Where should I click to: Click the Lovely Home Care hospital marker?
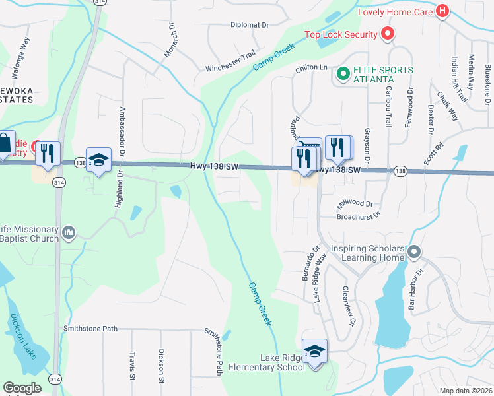(x=442, y=12)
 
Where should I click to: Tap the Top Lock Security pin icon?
(x=388, y=34)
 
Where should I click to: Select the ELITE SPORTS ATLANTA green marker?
(x=343, y=73)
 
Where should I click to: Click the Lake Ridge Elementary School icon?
(x=315, y=350)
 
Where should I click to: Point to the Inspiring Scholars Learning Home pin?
(x=414, y=251)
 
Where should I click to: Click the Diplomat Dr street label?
(x=250, y=25)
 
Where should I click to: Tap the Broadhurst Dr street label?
(x=359, y=216)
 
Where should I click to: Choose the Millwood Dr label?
(x=355, y=204)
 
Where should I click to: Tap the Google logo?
(x=21, y=388)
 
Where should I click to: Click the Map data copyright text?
(x=466, y=391)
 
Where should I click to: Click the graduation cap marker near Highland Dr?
(x=99, y=160)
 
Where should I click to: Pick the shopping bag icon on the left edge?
(x=5, y=143)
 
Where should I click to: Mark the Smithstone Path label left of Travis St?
(x=90, y=329)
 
